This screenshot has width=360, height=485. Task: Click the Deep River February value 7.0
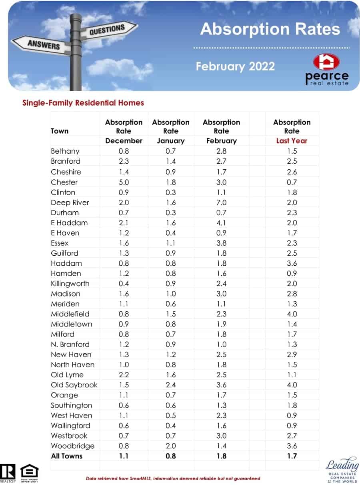[221, 202]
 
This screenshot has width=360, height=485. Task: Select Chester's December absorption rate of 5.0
[124, 182]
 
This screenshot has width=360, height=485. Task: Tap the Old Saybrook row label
[74, 385]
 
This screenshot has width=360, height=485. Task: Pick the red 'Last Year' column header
[292, 141]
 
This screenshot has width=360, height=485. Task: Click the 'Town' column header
[60, 131]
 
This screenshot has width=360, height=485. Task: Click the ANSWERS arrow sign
[43, 44]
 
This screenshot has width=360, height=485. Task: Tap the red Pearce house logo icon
[326, 62]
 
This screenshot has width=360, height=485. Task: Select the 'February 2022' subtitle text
[235, 66]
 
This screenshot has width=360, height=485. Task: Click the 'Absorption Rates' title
[270, 29]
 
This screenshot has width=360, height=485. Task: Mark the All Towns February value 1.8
[221, 456]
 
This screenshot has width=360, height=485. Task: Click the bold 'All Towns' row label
[66, 456]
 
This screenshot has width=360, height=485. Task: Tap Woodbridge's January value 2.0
[171, 446]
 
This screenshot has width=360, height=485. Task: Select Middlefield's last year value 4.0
[292, 314]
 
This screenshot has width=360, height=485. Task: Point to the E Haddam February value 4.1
[221, 223]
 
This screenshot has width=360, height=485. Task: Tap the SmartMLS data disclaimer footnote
[173, 478]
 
